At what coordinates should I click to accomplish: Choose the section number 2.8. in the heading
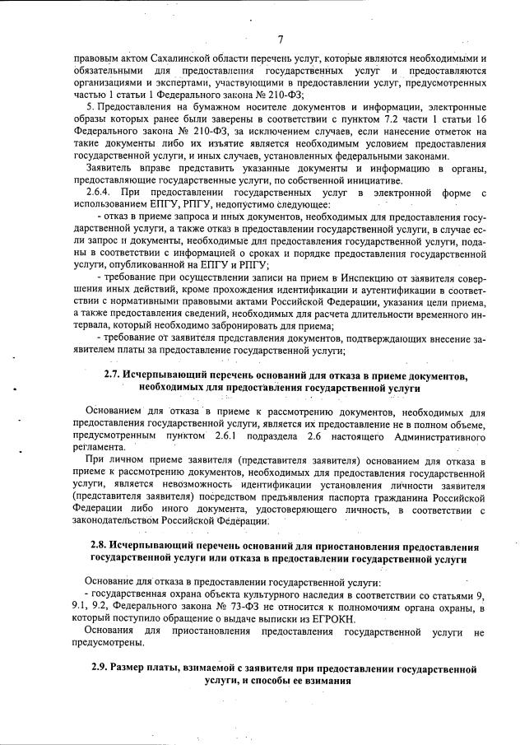[100, 547]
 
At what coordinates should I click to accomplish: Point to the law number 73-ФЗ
[221, 608]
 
